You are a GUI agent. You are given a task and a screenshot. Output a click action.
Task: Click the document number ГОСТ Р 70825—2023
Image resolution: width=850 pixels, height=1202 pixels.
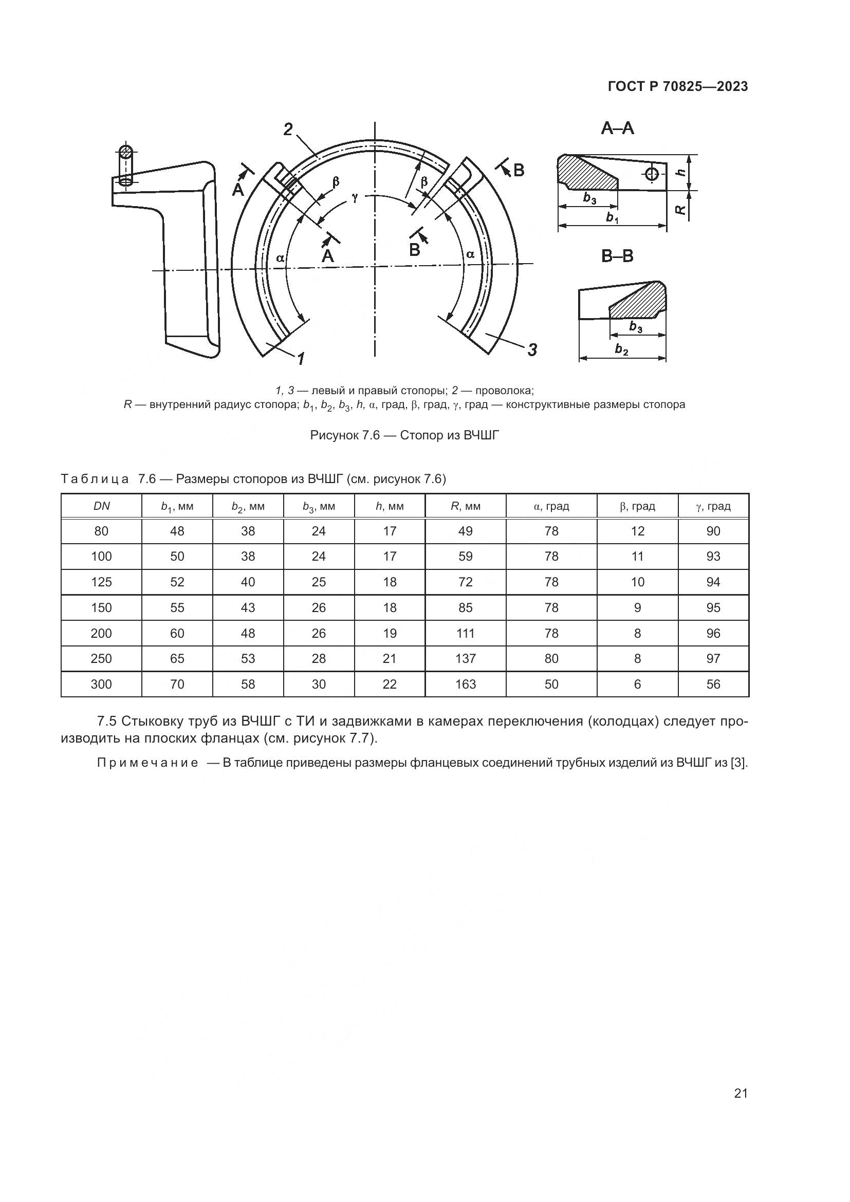click(678, 87)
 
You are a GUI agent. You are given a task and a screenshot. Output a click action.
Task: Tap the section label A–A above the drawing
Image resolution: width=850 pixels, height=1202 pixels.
click(618, 128)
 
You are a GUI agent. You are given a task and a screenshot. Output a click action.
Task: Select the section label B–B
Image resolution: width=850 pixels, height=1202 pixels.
click(618, 256)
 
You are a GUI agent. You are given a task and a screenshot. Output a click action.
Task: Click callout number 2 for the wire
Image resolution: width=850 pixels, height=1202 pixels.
click(288, 129)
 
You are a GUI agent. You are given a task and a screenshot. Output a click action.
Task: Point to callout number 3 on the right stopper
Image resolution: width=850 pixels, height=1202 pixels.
click(532, 349)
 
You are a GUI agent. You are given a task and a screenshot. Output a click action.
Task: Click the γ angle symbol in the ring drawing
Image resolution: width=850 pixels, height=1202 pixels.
click(355, 197)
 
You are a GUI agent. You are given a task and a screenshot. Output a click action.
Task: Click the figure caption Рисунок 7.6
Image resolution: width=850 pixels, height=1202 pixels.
click(404, 436)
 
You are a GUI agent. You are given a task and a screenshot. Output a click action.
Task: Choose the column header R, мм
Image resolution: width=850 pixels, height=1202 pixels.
click(465, 506)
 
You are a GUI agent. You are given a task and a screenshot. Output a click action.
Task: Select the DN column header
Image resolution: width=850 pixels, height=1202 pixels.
click(101, 506)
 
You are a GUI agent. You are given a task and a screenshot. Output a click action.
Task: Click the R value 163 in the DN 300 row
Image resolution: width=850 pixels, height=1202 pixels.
click(465, 684)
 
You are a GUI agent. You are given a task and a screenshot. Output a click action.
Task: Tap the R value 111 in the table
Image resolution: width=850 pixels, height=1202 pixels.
click(465, 634)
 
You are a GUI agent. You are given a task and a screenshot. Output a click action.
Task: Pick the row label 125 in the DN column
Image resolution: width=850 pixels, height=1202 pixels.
click(101, 582)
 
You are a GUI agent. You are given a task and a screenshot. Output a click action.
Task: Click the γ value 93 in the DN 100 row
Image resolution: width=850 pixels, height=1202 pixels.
click(713, 557)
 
